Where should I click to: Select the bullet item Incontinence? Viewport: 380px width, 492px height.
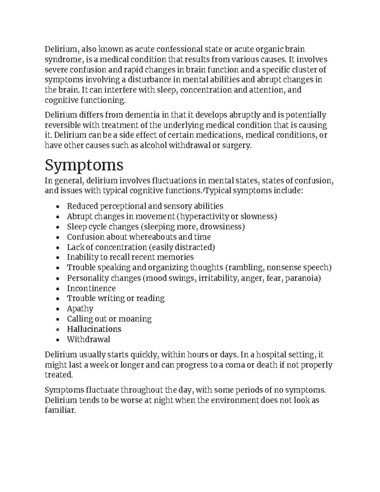91,288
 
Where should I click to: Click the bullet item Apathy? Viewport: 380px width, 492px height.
80,309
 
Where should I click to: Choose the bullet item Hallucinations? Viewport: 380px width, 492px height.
94,329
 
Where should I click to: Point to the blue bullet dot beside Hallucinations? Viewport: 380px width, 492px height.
57,329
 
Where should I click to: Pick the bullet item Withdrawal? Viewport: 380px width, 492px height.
88,339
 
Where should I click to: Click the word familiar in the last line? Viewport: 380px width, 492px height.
60,410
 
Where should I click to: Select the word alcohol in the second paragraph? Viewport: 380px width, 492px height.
153,145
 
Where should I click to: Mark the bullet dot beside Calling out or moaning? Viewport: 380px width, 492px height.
57,319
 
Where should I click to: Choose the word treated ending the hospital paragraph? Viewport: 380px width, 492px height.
58,375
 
